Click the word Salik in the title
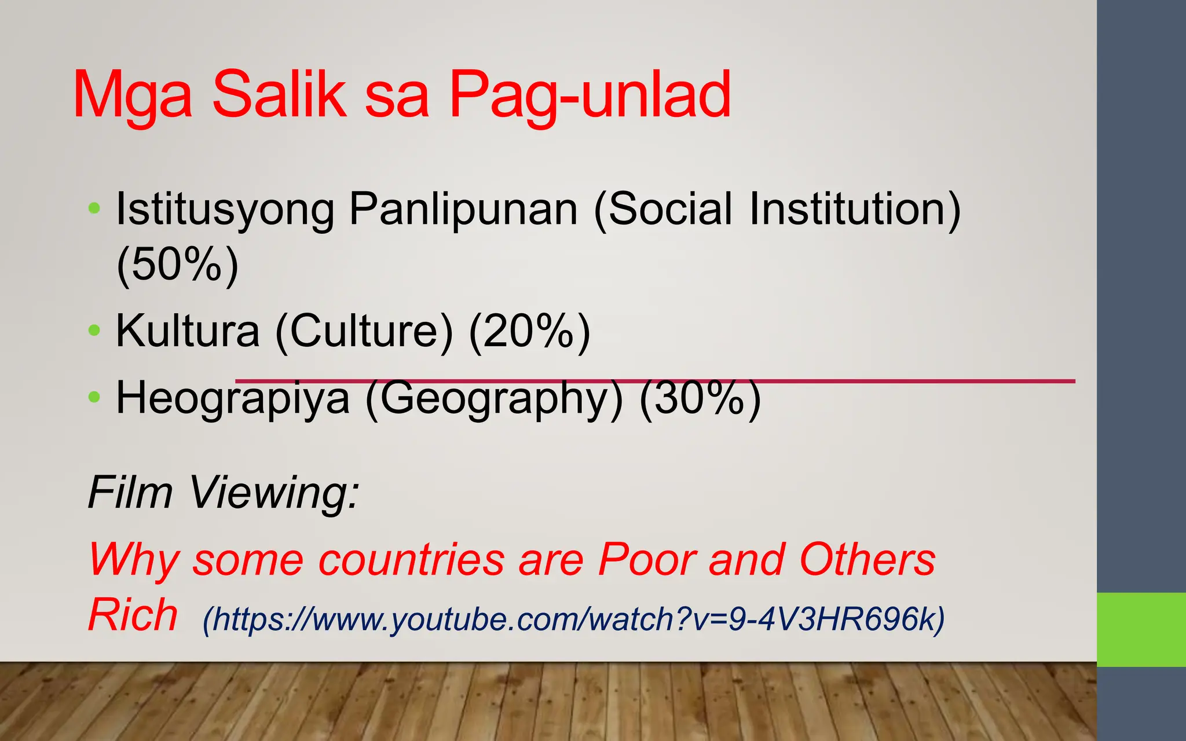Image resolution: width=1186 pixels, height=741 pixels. [x=279, y=94]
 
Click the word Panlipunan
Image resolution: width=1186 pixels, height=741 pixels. [x=463, y=210]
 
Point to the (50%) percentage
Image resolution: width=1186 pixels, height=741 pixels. [x=177, y=265]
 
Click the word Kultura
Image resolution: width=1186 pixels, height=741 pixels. [x=188, y=331]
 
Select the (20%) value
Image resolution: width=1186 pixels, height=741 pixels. [x=529, y=331]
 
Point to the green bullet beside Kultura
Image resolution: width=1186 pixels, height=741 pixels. [x=94, y=331]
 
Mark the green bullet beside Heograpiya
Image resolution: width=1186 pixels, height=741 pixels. [x=94, y=397]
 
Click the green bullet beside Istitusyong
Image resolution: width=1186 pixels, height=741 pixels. [x=94, y=208]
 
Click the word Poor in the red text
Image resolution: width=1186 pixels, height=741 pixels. [x=647, y=559]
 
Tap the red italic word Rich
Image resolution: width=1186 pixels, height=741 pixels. [x=133, y=615]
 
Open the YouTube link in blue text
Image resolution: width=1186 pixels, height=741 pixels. [x=573, y=619]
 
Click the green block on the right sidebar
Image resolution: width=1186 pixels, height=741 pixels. [x=1141, y=629]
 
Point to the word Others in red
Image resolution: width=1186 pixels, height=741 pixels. [x=867, y=559]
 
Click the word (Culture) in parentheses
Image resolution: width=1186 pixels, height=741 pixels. [x=364, y=331]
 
